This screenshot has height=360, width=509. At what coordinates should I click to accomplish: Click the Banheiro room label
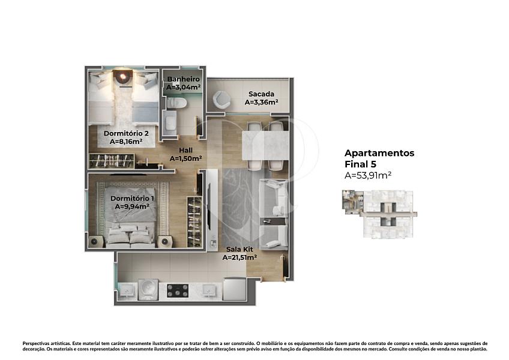[x=184, y=79]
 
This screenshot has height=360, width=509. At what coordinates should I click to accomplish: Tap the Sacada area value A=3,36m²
[x=261, y=102]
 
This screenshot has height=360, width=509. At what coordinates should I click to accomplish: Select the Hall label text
[x=185, y=150]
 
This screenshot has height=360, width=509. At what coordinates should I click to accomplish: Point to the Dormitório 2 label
[x=126, y=133]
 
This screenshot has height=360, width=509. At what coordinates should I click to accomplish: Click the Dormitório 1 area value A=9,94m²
[x=132, y=206]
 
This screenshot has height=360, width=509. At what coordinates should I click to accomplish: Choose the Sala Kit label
[x=239, y=250]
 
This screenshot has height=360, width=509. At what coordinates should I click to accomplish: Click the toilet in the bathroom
[x=176, y=103]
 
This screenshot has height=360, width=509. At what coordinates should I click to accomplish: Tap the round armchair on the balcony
[x=221, y=100]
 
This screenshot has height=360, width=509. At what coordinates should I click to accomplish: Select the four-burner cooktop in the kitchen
[x=178, y=291]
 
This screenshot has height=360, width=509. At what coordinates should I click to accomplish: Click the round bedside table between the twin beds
[x=122, y=77]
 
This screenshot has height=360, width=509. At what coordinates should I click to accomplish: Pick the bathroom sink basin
[x=170, y=123]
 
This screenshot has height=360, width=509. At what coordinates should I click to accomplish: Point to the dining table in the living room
[x=265, y=145]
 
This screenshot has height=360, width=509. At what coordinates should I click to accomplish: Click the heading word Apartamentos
[x=379, y=153]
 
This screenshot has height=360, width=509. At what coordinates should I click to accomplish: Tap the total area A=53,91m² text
[x=368, y=175]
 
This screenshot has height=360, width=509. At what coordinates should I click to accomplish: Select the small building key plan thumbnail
[x=379, y=214]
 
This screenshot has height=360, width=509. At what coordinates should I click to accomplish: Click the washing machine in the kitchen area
[x=148, y=290]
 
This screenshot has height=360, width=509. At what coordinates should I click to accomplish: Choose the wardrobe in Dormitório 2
[x=112, y=161]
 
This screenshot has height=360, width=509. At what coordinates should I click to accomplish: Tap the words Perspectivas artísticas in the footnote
[x=46, y=343]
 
